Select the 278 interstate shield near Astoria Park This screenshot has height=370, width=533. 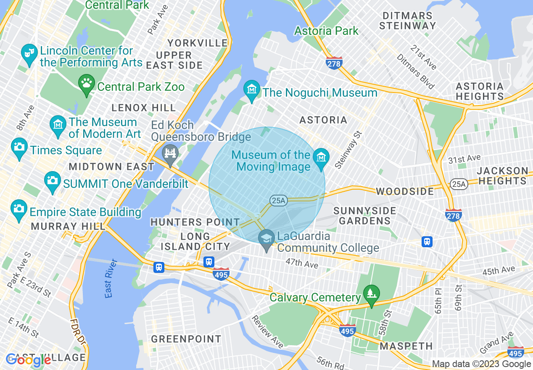click(x=334, y=63)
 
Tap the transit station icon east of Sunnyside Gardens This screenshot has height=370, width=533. click(x=427, y=242)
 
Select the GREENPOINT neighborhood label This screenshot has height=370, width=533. click(x=186, y=339)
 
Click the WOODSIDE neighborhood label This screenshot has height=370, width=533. click(x=404, y=191)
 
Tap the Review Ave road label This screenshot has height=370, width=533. click(x=267, y=329)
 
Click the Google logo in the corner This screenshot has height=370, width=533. click(x=29, y=360)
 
